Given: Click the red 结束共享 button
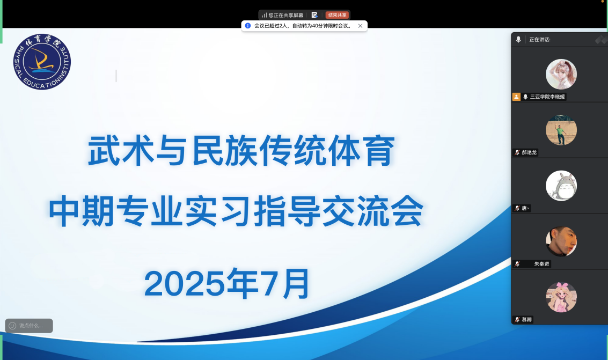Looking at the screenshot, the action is click(x=337, y=15).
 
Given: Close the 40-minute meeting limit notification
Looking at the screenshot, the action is click(x=360, y=26).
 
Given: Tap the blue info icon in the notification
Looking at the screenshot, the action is click(x=248, y=26).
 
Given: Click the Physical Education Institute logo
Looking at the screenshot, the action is click(x=42, y=62).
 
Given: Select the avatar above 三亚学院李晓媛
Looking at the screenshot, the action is click(x=561, y=75).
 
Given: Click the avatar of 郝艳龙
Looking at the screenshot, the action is click(x=561, y=130).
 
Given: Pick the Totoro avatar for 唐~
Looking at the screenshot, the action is click(x=561, y=186).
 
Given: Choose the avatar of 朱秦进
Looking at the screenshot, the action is click(x=561, y=241).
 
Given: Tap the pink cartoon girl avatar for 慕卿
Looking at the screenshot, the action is click(x=561, y=297).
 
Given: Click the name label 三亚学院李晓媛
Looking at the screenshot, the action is click(x=547, y=97).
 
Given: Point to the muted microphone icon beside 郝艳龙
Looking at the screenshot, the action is click(x=517, y=153).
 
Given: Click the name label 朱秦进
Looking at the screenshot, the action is click(x=541, y=264).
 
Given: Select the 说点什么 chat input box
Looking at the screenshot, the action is click(x=29, y=326).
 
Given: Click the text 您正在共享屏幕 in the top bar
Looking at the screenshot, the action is click(x=286, y=16).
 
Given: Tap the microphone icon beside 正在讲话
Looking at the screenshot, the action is click(x=518, y=40).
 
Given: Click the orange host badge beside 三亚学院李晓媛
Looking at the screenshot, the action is click(x=516, y=97).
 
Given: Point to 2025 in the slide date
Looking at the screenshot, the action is click(x=185, y=284).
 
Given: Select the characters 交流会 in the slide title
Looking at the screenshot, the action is click(x=372, y=211).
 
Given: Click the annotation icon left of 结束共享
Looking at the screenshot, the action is click(x=314, y=15).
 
